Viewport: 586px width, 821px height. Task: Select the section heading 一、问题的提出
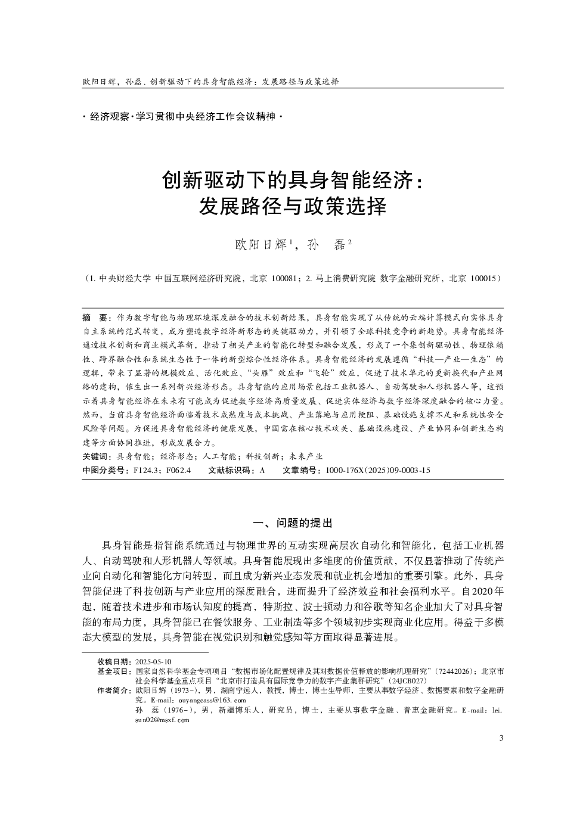click(x=293, y=523)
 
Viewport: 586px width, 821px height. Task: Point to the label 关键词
click(x=96, y=456)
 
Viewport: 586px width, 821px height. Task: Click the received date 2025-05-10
click(x=153, y=662)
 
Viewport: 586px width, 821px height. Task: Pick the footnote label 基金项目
click(x=113, y=671)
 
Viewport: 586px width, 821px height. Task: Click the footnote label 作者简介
click(x=113, y=691)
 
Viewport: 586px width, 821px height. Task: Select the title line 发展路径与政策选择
click(x=293, y=207)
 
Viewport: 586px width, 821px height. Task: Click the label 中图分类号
click(x=105, y=471)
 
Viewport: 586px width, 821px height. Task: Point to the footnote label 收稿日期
click(x=113, y=662)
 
